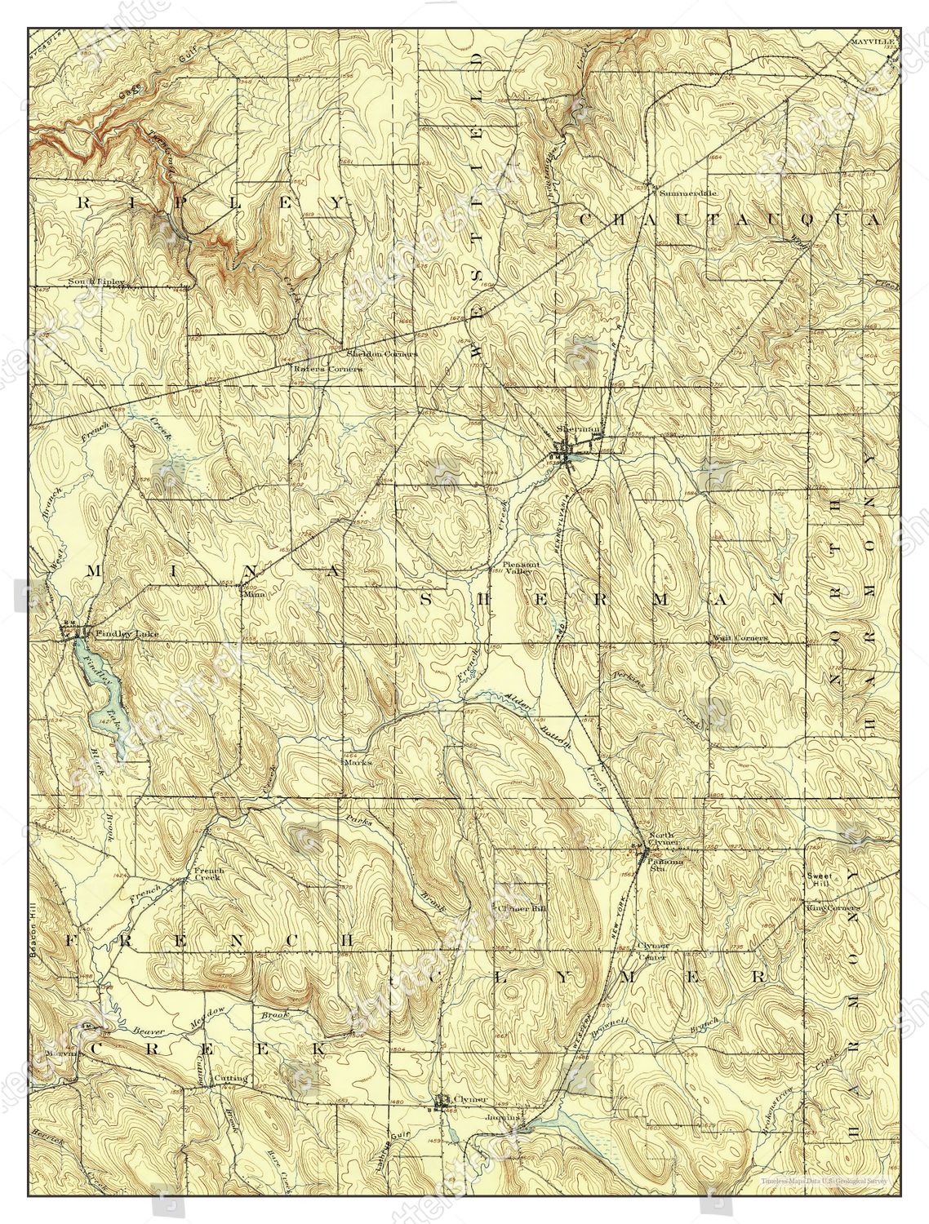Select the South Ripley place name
[x=96, y=282]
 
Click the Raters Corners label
[x=327, y=368]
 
